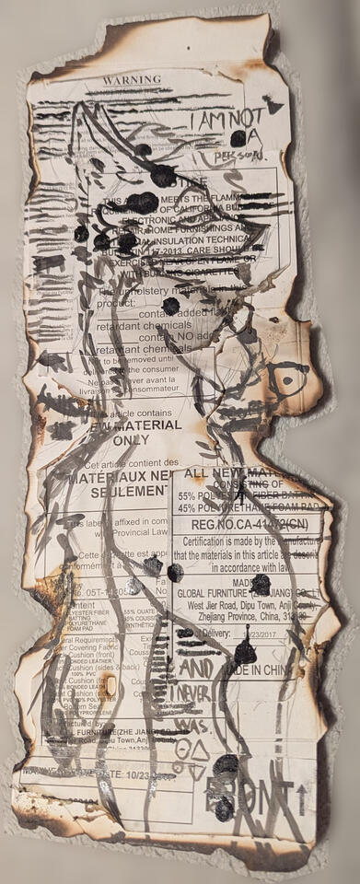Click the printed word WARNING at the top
coord(131,80)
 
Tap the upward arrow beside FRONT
coord(302,789)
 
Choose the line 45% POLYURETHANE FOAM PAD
coord(241,506)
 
